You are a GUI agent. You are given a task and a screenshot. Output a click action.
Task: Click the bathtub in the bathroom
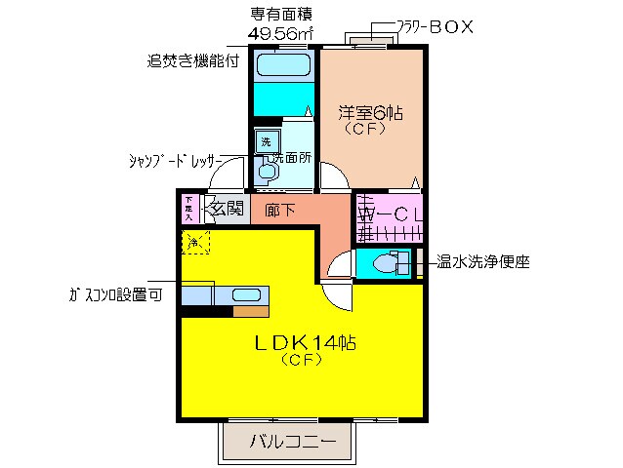point(282,67)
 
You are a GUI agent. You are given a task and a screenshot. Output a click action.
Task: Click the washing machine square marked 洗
point(264,140)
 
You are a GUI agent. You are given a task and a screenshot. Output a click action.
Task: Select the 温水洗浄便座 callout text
point(482,261)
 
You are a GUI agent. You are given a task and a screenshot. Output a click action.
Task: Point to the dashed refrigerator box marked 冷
point(194,241)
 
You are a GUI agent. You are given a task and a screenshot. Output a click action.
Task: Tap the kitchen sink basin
point(244,295)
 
